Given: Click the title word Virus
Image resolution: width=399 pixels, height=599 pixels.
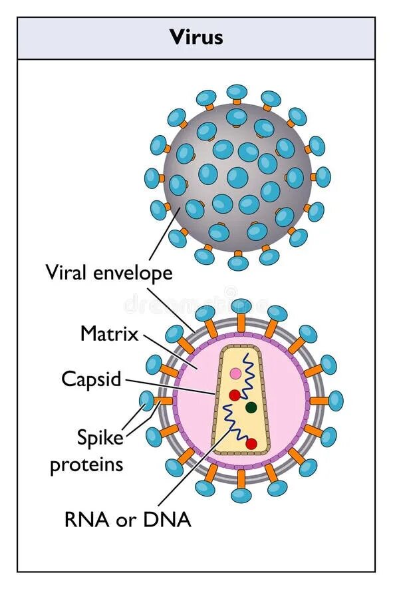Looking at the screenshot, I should [x=196, y=37].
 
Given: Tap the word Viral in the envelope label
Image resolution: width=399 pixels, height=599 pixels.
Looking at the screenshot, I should [x=68, y=272].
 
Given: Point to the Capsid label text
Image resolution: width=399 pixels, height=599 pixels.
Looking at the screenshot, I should [x=92, y=379].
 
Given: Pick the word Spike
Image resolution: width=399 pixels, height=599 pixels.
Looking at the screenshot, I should [x=100, y=438].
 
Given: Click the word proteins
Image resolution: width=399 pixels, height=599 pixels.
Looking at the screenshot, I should [x=86, y=464].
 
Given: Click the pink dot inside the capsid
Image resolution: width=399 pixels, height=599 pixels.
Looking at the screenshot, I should [x=235, y=374].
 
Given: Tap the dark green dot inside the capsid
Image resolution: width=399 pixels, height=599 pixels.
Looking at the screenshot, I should [x=251, y=407].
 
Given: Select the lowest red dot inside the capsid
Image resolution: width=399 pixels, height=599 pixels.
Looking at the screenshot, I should [x=251, y=443].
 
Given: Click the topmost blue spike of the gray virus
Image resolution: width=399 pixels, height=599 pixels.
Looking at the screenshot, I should [x=237, y=92].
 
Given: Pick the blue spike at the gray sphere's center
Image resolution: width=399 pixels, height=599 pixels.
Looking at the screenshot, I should [x=237, y=177].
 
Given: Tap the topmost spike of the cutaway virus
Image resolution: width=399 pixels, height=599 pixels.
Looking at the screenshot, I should [x=241, y=306].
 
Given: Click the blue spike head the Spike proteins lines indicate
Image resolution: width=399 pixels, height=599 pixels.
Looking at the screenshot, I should [x=147, y=400].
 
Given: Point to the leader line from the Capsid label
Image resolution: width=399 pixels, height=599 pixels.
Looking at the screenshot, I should [x=170, y=387].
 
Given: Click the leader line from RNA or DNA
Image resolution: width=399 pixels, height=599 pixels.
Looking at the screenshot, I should [x=193, y=466].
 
